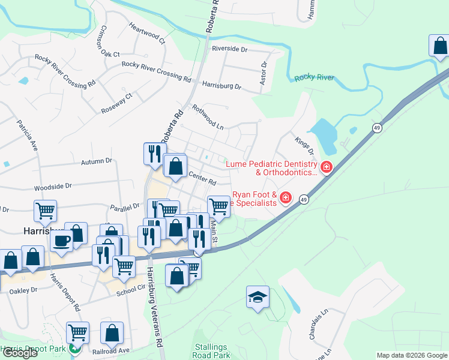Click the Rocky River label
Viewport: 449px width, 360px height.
click(x=314, y=78)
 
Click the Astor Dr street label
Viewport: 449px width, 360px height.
click(x=264, y=72)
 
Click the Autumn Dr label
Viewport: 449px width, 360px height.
click(x=97, y=161)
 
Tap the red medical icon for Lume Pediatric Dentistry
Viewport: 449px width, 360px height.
click(x=326, y=167)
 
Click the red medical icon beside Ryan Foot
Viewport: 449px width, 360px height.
click(x=286, y=197)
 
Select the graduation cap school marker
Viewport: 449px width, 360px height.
click(x=258, y=297)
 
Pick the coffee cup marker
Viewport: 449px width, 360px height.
click(x=62, y=241)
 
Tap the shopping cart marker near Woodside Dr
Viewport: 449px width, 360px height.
click(x=45, y=211)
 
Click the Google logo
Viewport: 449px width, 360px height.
click(x=20, y=353)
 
